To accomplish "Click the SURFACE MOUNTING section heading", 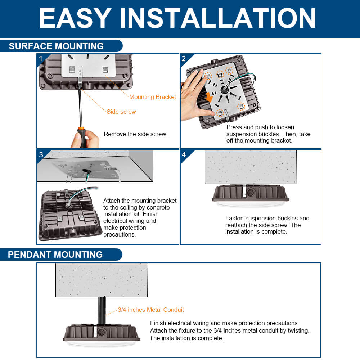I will [x=56, y=46].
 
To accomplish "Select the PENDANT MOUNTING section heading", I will [x=55, y=255].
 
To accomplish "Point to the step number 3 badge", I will [x=41, y=155].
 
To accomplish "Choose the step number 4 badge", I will [x=184, y=155].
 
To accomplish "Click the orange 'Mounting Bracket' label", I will [x=153, y=97].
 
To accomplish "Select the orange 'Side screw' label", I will [x=121, y=112].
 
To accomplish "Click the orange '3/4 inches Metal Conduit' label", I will [x=151, y=310].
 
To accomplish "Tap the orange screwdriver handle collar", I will [x=81, y=128].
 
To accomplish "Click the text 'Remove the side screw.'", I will [x=136, y=134].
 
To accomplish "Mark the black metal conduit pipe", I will [x=102, y=310].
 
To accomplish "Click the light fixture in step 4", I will [x=250, y=196].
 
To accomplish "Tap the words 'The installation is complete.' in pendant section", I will [x=187, y=338].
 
